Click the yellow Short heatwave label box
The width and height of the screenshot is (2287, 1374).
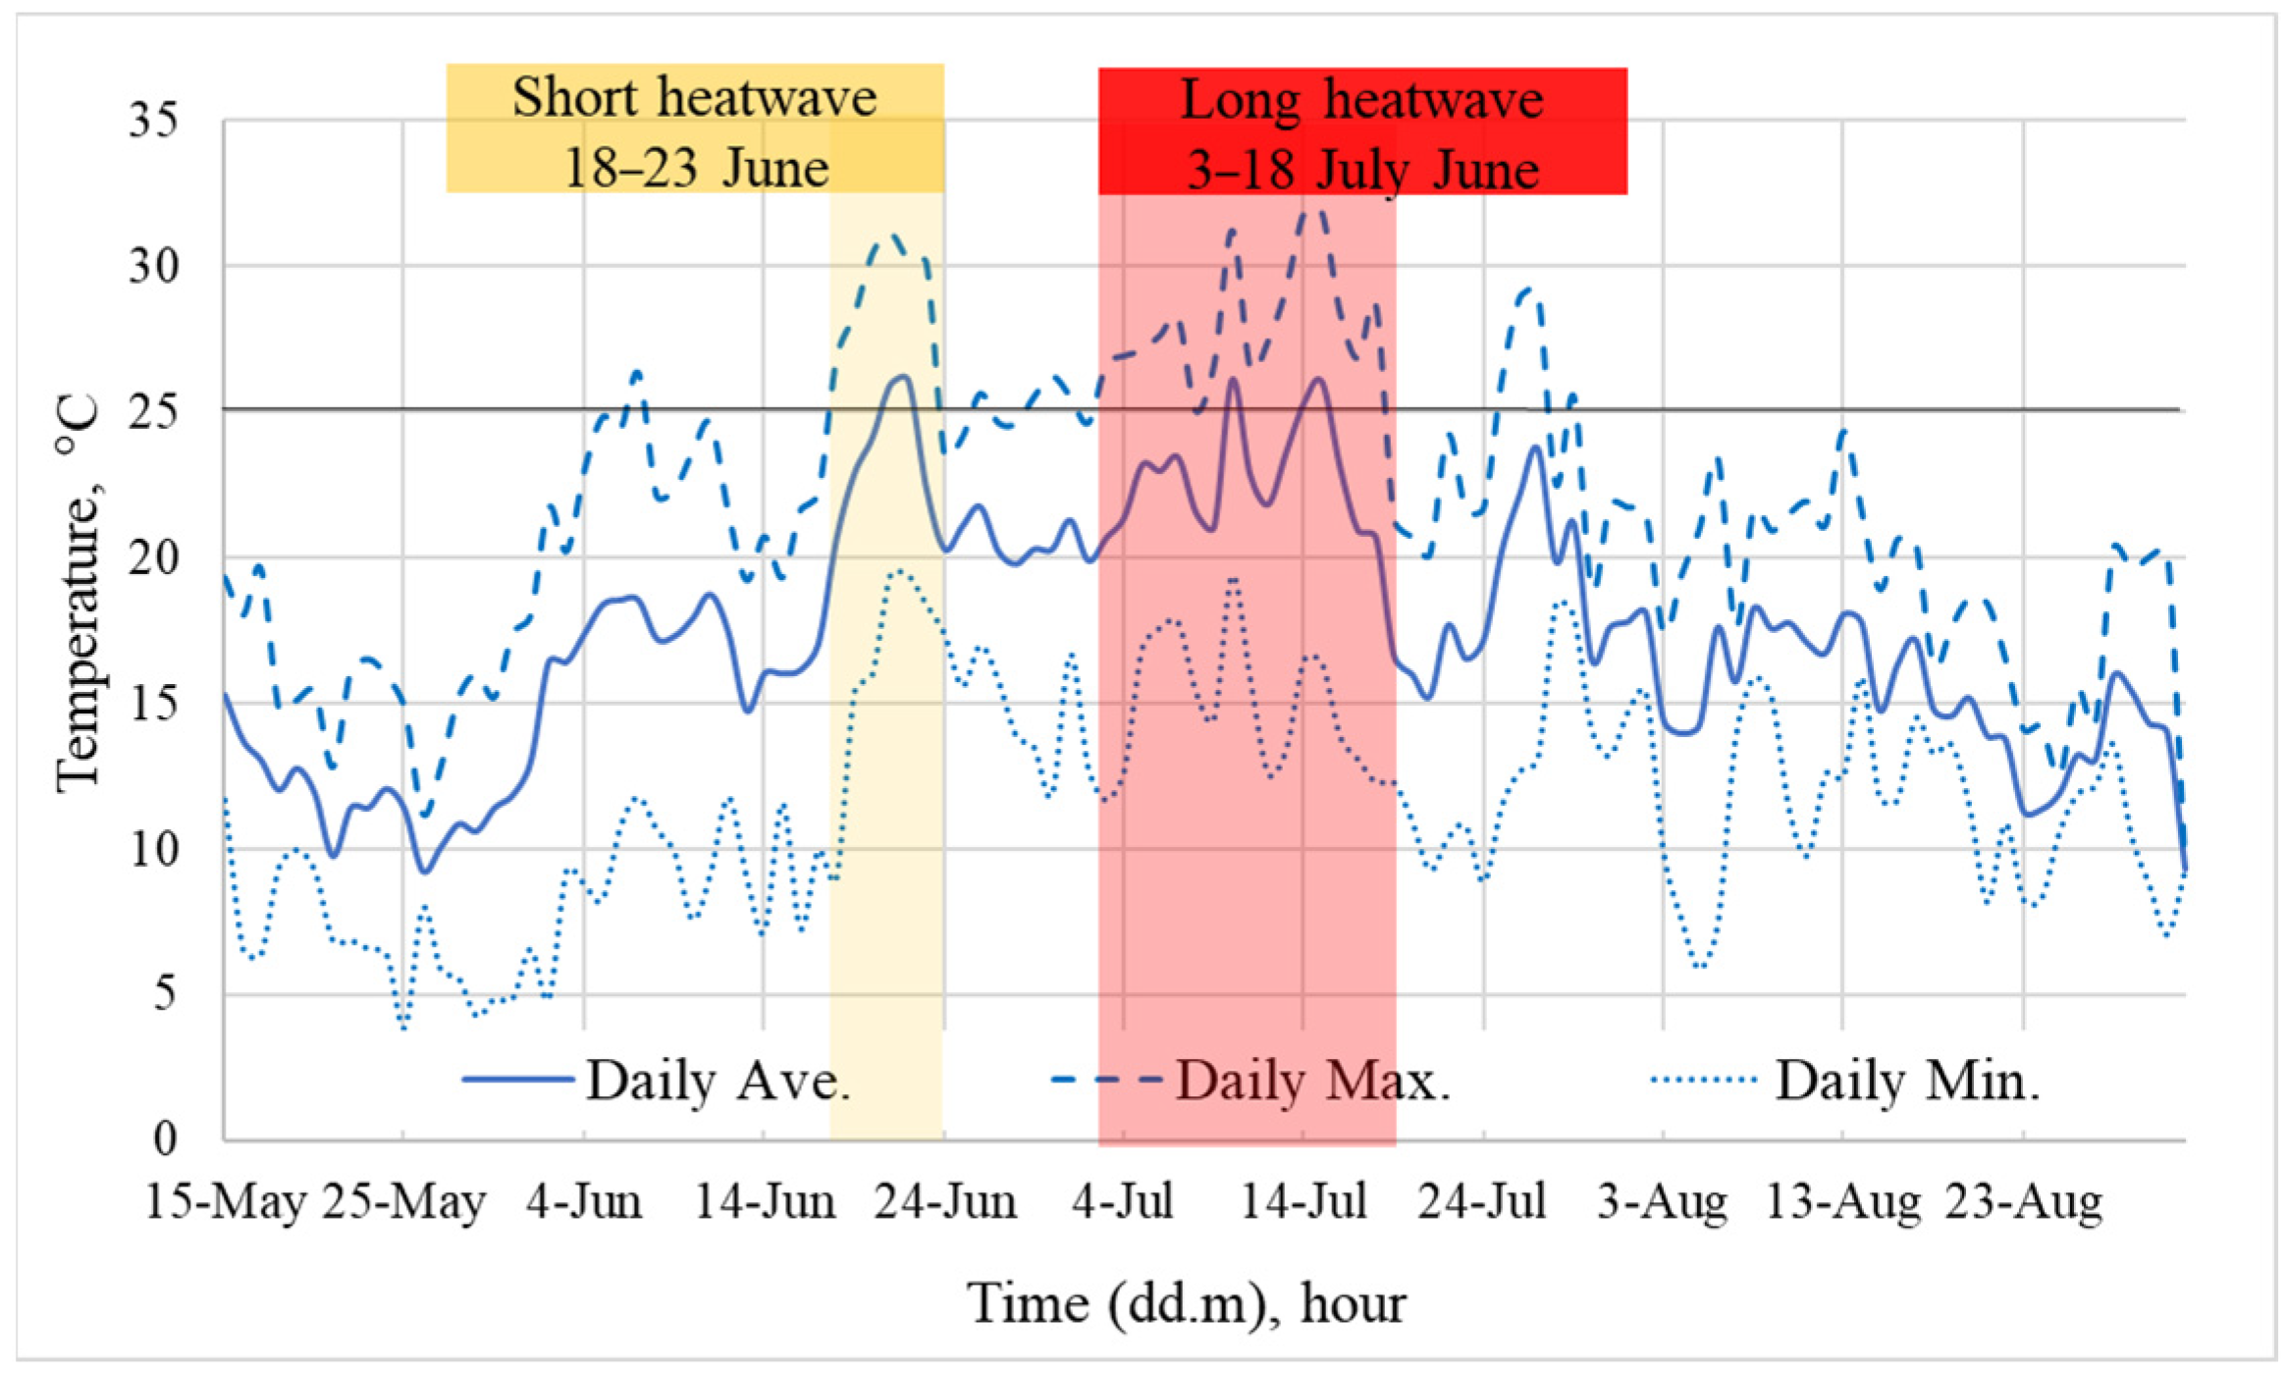pyautogui.click(x=695, y=129)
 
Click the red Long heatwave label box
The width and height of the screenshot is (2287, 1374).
pyautogui.click(x=1362, y=132)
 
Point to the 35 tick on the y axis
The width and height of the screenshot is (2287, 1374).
pyautogui.click(x=154, y=121)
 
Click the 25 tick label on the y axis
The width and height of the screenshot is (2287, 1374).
pyautogui.click(x=154, y=411)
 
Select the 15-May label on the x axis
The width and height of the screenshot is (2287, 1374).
pyautogui.click(x=225, y=1202)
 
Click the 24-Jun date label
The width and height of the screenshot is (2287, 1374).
pyautogui.click(x=944, y=1202)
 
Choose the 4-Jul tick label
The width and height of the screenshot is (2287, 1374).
pyautogui.click(x=1122, y=1202)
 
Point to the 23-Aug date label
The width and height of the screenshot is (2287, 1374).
pyautogui.click(x=2024, y=1202)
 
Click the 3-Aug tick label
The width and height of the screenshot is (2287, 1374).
pyautogui.click(x=1662, y=1202)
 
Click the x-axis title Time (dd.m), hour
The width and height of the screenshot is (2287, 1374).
pyautogui.click(x=1186, y=1304)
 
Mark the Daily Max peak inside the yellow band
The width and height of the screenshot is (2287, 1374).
pyautogui.click(x=892, y=236)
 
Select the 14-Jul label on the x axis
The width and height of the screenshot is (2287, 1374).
pyautogui.click(x=1303, y=1202)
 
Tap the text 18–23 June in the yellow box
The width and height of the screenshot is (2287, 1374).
pyautogui.click(x=695, y=168)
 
